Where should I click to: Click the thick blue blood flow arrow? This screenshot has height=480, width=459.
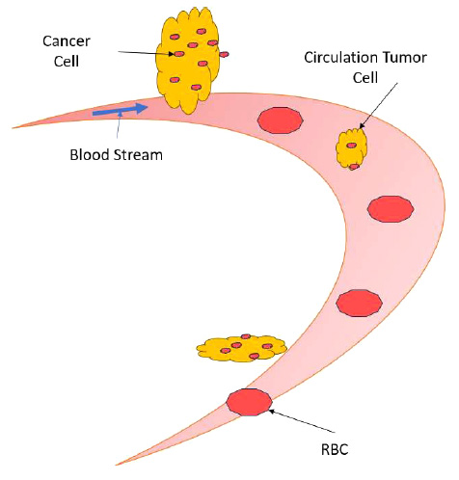click(120, 110)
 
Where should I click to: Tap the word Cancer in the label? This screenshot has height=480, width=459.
click(67, 41)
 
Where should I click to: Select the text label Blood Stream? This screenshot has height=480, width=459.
click(117, 155)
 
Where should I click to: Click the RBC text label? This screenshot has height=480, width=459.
click(335, 449)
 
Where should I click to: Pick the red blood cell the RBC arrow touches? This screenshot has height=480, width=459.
click(250, 402)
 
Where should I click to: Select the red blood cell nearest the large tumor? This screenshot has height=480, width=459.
click(281, 120)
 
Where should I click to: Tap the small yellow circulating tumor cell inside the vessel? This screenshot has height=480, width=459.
click(351, 148)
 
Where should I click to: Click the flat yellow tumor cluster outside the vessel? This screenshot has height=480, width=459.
click(242, 349)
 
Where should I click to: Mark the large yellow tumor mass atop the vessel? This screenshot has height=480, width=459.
click(187, 61)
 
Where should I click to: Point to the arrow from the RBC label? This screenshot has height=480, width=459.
click(302, 420)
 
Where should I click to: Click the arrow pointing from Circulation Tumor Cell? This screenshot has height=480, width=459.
click(378, 106)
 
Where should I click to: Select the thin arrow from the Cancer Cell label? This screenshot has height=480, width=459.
click(147, 53)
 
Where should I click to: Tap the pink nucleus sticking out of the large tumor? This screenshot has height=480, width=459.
click(224, 54)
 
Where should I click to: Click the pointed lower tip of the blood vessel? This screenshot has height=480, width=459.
click(117, 465)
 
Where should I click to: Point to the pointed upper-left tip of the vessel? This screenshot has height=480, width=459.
click(13, 128)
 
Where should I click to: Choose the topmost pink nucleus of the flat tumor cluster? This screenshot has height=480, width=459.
click(246, 336)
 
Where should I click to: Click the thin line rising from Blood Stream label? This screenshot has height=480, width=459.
click(119, 124)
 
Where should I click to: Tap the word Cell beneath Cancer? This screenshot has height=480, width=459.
click(67, 61)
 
